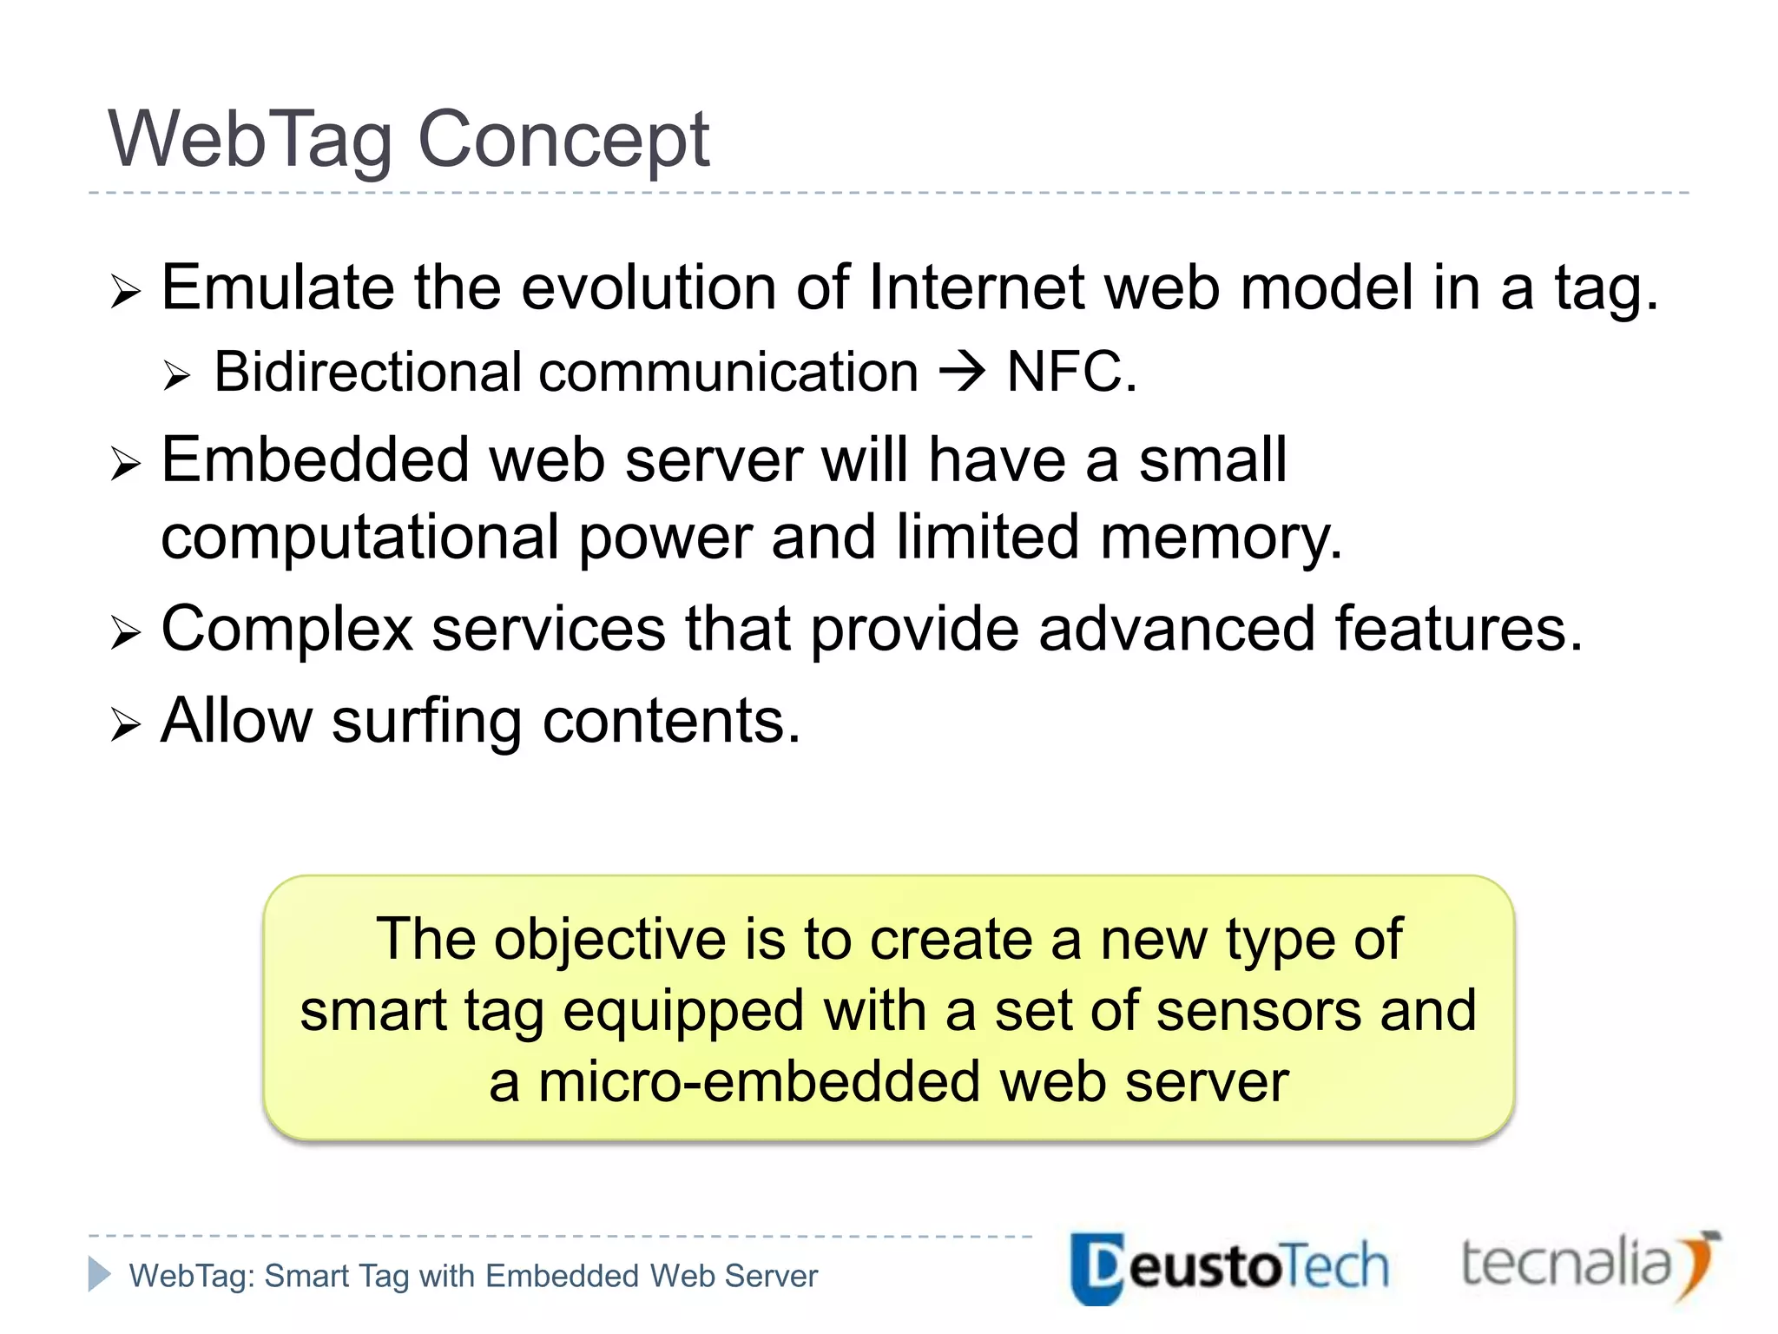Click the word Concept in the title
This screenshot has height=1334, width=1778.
[x=563, y=141]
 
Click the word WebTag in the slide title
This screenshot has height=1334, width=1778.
[x=250, y=141]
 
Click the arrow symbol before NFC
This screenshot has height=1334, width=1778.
[x=962, y=373]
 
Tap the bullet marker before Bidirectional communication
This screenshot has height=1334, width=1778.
[x=176, y=376]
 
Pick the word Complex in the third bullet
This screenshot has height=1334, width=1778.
[x=286, y=629]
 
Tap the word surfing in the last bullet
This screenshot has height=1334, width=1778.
[x=426, y=721]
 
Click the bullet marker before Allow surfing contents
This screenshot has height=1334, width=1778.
[x=125, y=724]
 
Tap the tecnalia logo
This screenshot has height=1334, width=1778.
[x=1589, y=1265]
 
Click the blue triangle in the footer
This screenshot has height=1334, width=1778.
[x=99, y=1274]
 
